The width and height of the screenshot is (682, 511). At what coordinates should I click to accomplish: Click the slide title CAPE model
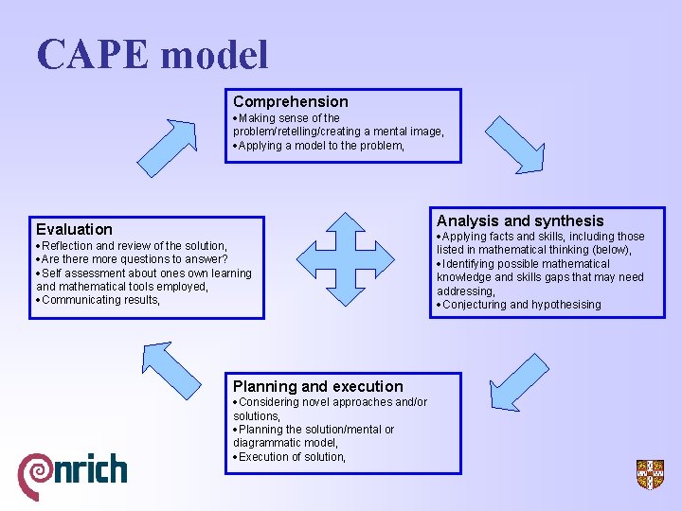pyautogui.click(x=153, y=54)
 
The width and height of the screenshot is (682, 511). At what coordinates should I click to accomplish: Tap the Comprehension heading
pyautogui.click(x=291, y=101)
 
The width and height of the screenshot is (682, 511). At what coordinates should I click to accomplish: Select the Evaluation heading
pyautogui.click(x=74, y=229)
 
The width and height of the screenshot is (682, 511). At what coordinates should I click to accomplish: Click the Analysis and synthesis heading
pyautogui.click(x=520, y=220)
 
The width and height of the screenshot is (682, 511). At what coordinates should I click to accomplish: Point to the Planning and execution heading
pyautogui.click(x=318, y=386)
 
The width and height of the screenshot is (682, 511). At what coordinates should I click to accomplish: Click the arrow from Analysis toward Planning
pyautogui.click(x=520, y=380)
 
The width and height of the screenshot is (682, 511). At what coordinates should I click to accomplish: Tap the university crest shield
pyautogui.click(x=650, y=474)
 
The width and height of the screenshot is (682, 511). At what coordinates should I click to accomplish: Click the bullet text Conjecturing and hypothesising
pyautogui.click(x=521, y=305)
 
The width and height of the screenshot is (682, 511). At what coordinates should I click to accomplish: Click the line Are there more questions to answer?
pyautogui.click(x=135, y=259)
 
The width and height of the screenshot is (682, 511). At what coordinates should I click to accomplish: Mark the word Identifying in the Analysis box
pyautogui.click(x=470, y=264)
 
